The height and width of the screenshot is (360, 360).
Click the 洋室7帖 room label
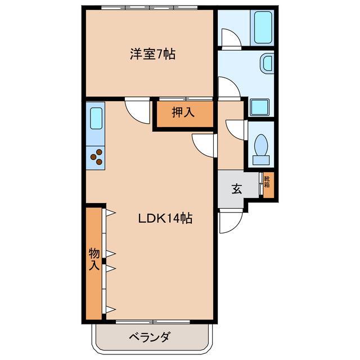(x=152, y=55)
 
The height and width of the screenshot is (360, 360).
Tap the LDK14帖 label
(x=165, y=218)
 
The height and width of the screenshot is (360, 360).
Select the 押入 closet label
(x=183, y=112)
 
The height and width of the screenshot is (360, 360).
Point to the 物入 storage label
(x=94, y=259)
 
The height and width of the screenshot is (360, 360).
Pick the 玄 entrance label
(x=236, y=188)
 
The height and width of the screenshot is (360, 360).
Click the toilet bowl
(x=260, y=148)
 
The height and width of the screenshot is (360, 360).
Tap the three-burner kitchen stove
(x=96, y=156)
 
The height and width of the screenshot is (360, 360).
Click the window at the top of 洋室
(x=149, y=8)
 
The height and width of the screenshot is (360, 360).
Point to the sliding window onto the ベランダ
(x=152, y=322)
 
